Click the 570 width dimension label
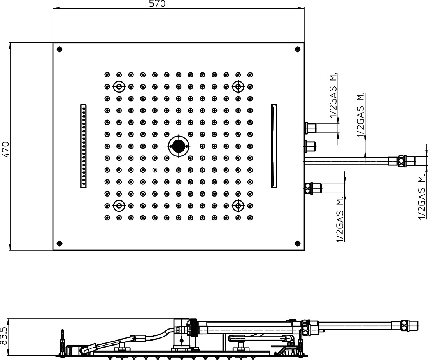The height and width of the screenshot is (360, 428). pyautogui.click(x=157, y=4)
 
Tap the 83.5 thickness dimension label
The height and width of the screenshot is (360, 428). pyautogui.click(x=4, y=337)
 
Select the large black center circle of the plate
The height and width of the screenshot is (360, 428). pyautogui.click(x=179, y=146)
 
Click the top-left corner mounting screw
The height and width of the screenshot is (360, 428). pyautogui.click(x=60, y=49)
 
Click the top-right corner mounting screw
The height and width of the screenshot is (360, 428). pyautogui.click(x=298, y=49)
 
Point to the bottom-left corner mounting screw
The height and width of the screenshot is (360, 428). pyautogui.click(x=60, y=243)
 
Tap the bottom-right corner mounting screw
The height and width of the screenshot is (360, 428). pyautogui.click(x=298, y=243)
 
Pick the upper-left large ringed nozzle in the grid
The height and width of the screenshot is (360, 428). pyautogui.click(x=119, y=87)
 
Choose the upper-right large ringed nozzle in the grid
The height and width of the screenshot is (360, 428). pyautogui.click(x=238, y=87)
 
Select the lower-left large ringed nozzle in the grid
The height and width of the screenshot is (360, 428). pyautogui.click(x=119, y=205)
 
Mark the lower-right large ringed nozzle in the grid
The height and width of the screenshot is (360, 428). pyautogui.click(x=238, y=205)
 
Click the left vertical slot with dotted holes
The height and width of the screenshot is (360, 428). pyautogui.click(x=83, y=146)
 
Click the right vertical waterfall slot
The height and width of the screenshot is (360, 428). pyautogui.click(x=274, y=146)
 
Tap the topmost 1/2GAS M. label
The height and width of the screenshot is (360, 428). pyautogui.click(x=333, y=95)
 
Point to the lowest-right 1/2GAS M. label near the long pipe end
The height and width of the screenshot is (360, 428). pyautogui.click(x=422, y=196)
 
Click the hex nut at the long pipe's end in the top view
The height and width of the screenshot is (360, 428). pyautogui.click(x=401, y=161)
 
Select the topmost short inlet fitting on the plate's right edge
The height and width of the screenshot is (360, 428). pyautogui.click(x=310, y=128)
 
